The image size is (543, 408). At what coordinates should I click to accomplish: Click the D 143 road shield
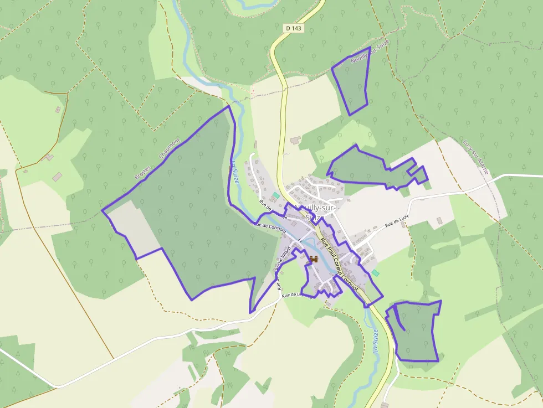coord(295,28)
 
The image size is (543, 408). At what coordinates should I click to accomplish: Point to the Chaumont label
coord(170,148)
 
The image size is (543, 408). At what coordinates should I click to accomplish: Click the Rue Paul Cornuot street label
coord(339,266)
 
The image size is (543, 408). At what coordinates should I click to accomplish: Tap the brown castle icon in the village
coord(313,259)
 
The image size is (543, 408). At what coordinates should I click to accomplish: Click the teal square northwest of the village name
coord(276,195)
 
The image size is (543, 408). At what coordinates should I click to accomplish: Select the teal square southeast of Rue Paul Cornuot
coord(376,273)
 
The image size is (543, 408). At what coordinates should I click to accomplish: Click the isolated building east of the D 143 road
coord(295,140)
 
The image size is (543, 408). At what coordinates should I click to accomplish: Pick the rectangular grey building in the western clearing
coord(57,177)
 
